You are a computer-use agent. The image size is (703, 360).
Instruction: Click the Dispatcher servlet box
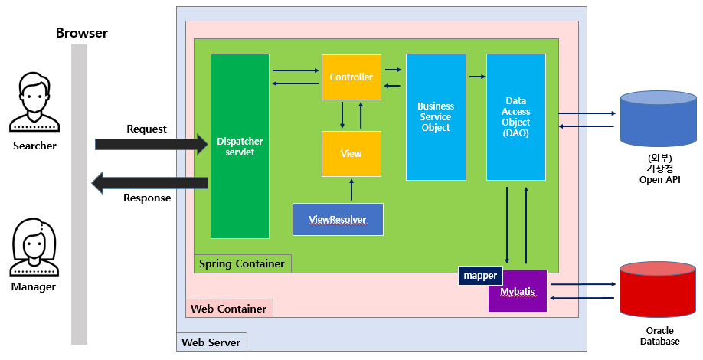coord(240,146)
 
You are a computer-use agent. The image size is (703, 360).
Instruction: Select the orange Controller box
coord(351,77)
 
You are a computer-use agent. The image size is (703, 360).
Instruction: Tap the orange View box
coord(351,154)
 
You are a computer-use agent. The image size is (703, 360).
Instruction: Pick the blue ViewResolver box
coord(338,220)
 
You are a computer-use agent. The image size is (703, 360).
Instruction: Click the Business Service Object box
coord(436,117)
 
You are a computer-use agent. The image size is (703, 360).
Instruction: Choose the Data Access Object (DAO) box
coord(516,117)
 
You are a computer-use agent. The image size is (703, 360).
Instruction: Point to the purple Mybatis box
coord(518,292)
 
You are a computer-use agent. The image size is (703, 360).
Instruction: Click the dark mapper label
coord(480,276)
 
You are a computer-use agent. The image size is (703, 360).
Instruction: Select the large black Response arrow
coord(149,182)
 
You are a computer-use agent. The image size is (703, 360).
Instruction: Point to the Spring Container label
coord(242,263)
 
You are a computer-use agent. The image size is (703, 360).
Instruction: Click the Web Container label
coord(229,309)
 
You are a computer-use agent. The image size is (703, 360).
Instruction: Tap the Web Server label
coord(211,342)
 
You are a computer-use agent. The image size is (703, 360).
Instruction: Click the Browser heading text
coord(82,33)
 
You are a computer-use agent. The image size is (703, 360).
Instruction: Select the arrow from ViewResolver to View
coord(351,191)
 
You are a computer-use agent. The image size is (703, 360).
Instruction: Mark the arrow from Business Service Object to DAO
coord(477,77)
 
